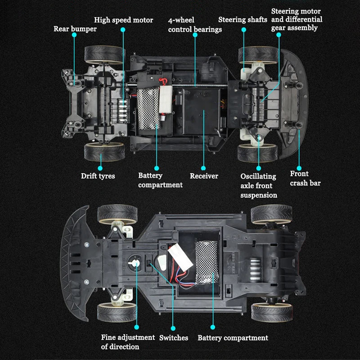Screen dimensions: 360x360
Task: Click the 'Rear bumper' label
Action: [75, 29]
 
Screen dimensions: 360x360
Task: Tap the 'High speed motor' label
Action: [123, 20]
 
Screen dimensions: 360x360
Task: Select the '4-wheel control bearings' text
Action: [195, 25]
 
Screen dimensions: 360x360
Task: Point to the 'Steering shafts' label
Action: [243, 20]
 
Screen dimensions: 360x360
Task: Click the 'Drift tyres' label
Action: [98, 176]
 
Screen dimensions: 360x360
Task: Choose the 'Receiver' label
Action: [203, 176]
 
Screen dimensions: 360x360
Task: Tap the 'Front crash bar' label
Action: [305, 178]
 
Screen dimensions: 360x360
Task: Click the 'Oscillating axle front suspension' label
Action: [259, 185]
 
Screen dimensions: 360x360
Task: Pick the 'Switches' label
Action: [174, 337]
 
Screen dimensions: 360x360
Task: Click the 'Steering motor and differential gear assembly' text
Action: [297, 19]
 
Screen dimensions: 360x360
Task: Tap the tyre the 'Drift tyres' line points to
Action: [103, 152]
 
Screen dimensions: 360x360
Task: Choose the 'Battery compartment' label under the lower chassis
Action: [233, 338]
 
